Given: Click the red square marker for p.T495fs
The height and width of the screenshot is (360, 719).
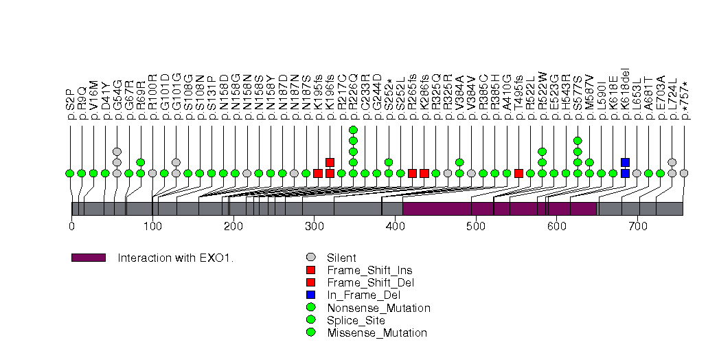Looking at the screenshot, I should [x=518, y=173].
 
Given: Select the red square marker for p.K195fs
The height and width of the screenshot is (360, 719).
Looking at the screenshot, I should [x=318, y=173].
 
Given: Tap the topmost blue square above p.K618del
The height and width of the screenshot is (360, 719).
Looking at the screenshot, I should [x=625, y=163].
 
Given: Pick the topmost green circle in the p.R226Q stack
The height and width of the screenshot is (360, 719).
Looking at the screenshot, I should [x=353, y=130].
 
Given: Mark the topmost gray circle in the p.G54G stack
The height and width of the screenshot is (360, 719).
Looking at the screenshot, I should [x=117, y=152].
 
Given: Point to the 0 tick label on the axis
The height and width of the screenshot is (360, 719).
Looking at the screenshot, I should [x=71, y=225].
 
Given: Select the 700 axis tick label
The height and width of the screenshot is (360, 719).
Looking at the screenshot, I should [x=637, y=225].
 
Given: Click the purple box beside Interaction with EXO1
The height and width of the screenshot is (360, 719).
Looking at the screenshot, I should [x=88, y=258].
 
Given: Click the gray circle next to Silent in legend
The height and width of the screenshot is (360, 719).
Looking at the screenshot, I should [x=312, y=258].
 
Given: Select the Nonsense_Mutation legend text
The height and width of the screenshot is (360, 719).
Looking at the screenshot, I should [x=378, y=308].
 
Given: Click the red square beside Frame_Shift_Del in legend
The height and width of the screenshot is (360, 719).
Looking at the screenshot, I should [x=312, y=283].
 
